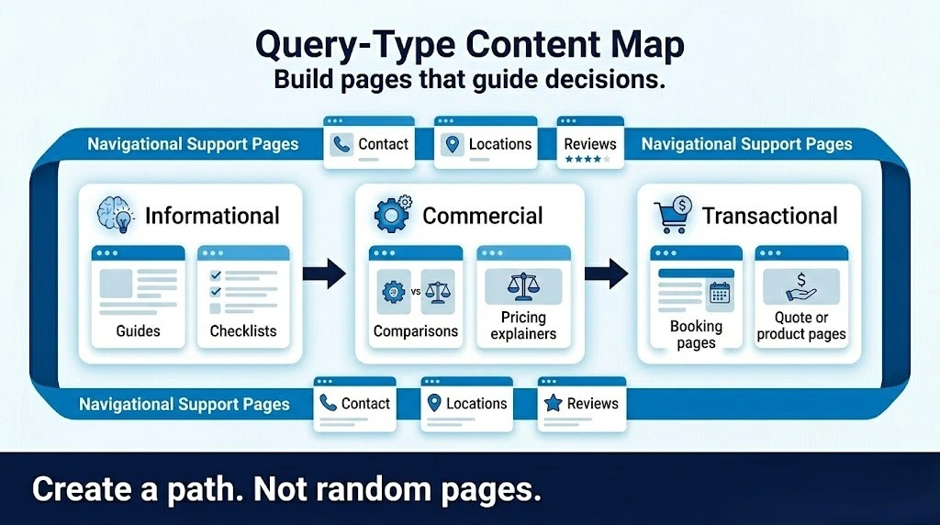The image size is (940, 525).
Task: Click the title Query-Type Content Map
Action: pos(469,45)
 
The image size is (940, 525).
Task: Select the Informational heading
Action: pos(212,216)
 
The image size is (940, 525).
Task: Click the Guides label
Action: pos(138,331)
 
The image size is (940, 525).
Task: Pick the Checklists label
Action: pos(243,331)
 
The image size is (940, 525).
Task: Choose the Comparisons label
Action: pos(415,331)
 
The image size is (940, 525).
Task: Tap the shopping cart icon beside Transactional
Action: pos(672,217)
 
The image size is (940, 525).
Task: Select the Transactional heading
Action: pos(769,216)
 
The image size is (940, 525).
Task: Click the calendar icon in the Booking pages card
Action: pos(719,293)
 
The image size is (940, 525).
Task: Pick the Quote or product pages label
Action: pos(801,326)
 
